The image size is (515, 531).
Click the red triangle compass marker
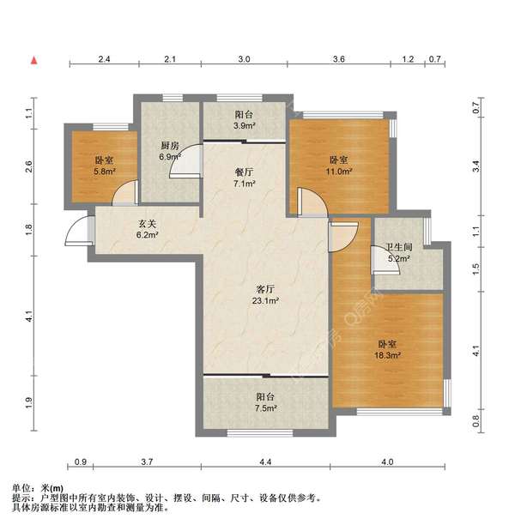point(34,60)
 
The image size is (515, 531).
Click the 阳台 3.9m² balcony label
point(244,122)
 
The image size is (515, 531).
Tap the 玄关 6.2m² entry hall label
point(147,229)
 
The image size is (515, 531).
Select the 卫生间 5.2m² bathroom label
point(397,252)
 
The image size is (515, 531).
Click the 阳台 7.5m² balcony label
point(265,403)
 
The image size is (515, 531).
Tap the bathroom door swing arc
point(384,260)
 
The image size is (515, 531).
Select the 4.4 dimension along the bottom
point(265,462)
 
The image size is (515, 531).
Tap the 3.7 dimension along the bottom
point(147,462)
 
